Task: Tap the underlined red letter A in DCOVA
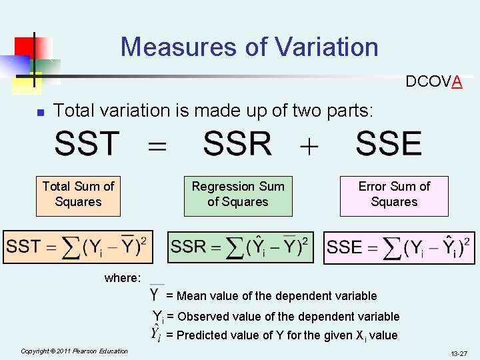457,82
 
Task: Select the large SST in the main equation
87,144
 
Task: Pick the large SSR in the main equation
237,144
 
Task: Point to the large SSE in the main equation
389,144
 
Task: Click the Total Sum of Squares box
78,195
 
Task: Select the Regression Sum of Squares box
238,195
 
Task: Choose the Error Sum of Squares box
394,195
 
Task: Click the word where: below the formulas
123,278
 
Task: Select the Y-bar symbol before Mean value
155,293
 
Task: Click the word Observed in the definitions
201,317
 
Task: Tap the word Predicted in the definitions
201,335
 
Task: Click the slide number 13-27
458,353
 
